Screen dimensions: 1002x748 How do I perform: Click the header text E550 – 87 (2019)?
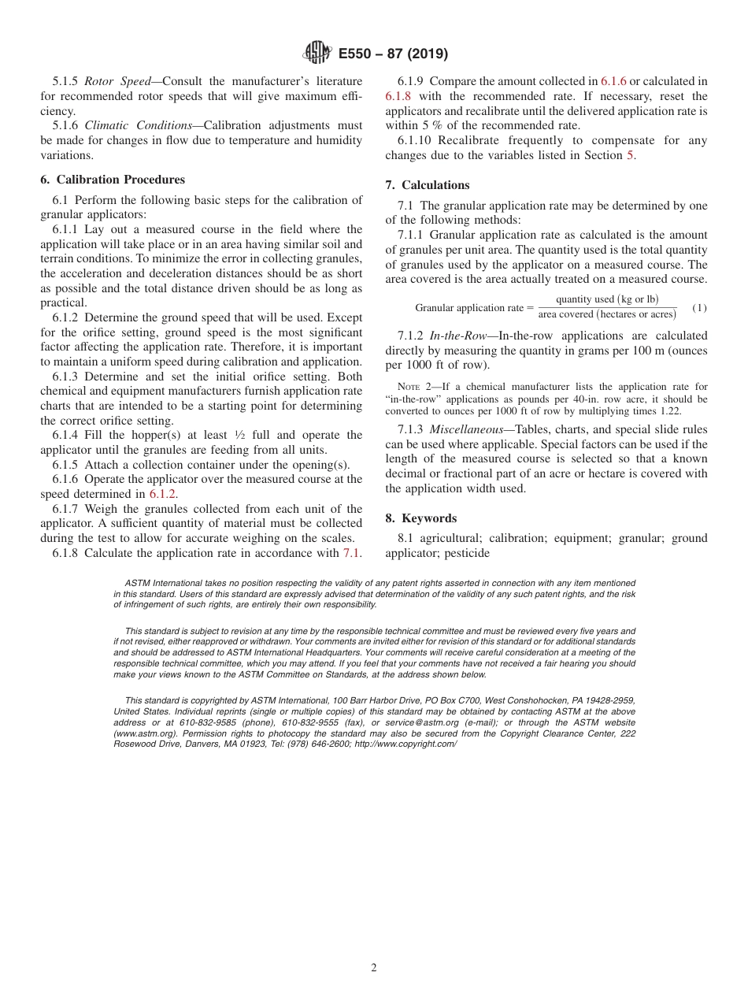click(393, 54)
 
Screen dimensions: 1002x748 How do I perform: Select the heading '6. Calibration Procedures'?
click(113, 180)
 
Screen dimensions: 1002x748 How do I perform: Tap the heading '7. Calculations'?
click(428, 185)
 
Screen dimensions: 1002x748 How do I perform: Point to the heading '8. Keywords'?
click(420, 518)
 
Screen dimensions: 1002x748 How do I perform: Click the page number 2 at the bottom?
click(374, 968)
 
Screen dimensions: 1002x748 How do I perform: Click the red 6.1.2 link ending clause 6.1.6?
click(163, 494)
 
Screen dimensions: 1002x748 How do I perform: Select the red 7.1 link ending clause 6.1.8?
click(352, 553)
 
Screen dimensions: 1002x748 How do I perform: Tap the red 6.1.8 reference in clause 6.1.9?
click(398, 96)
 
